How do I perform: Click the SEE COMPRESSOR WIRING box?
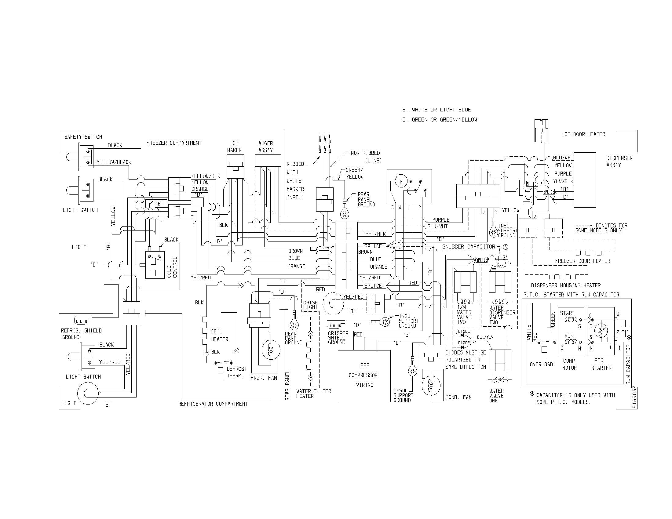click(x=364, y=376)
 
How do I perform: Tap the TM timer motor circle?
click(x=400, y=182)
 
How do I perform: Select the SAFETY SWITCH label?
click(x=83, y=137)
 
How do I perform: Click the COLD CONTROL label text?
click(x=172, y=267)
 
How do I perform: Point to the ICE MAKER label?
click(x=234, y=147)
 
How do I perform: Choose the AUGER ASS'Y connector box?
click(x=268, y=160)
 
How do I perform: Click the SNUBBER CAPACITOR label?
click(x=468, y=247)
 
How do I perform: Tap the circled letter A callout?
click(x=506, y=247)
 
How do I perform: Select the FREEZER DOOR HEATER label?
click(x=583, y=261)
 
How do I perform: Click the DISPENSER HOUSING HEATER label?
click(x=566, y=285)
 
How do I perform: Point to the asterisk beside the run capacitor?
click(x=629, y=338)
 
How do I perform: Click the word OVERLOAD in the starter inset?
click(x=541, y=364)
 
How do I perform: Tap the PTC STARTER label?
click(x=601, y=364)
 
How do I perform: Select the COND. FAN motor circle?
click(x=431, y=386)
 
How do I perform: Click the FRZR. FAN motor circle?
click(x=271, y=350)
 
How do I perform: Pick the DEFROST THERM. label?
click(x=237, y=372)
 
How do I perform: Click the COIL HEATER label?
click(x=219, y=336)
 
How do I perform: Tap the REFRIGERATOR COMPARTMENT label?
click(x=213, y=404)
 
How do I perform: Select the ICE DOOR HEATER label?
click(x=583, y=134)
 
